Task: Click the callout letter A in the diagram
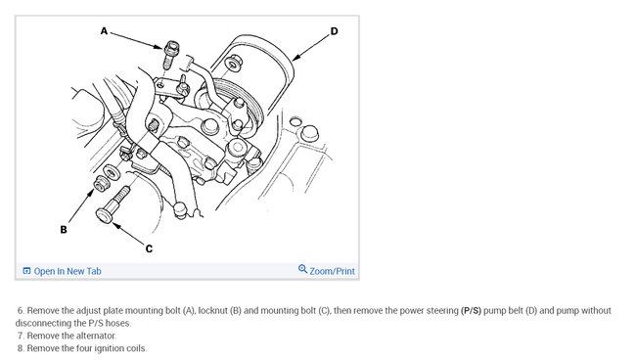(105, 31)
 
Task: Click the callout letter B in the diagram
(64, 230)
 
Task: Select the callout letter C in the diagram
(149, 248)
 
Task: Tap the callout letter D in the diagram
(334, 31)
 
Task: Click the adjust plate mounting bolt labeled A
(170, 55)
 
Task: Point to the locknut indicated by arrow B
(100, 184)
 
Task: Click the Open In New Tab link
(68, 271)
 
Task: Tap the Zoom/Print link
(333, 271)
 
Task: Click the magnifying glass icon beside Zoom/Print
(302, 269)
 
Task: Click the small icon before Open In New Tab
(26, 271)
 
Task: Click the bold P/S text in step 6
(471, 311)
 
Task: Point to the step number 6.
(21, 311)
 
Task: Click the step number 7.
(21, 336)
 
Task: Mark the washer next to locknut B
(112, 172)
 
